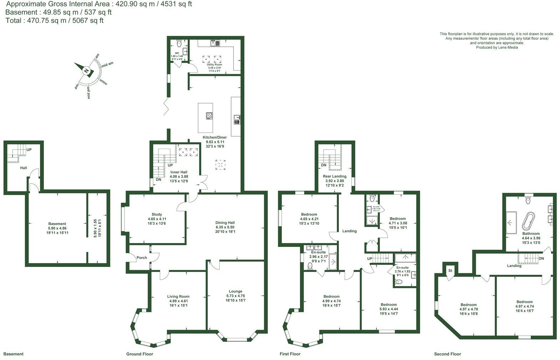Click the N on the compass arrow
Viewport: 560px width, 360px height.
pos(86,71)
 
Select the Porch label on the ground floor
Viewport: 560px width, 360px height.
pos(142,258)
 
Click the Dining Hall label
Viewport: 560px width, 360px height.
pos(225,222)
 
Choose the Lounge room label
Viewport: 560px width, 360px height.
pos(235,291)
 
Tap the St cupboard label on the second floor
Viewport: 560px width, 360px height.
pos(450,271)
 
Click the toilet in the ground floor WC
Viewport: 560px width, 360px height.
pos(179,43)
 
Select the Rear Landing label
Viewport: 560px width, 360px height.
pos(334,176)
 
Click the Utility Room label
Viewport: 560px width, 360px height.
pos(214,65)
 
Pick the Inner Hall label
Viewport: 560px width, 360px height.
pos(179,172)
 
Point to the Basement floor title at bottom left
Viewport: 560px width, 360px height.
pos(13,354)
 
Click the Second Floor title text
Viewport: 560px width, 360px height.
pos(447,354)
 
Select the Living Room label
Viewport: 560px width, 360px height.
pos(178,296)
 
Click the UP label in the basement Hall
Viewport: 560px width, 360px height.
pos(29,150)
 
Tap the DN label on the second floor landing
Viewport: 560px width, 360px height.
pos(541,259)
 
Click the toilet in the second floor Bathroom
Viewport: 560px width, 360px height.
pos(528,201)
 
